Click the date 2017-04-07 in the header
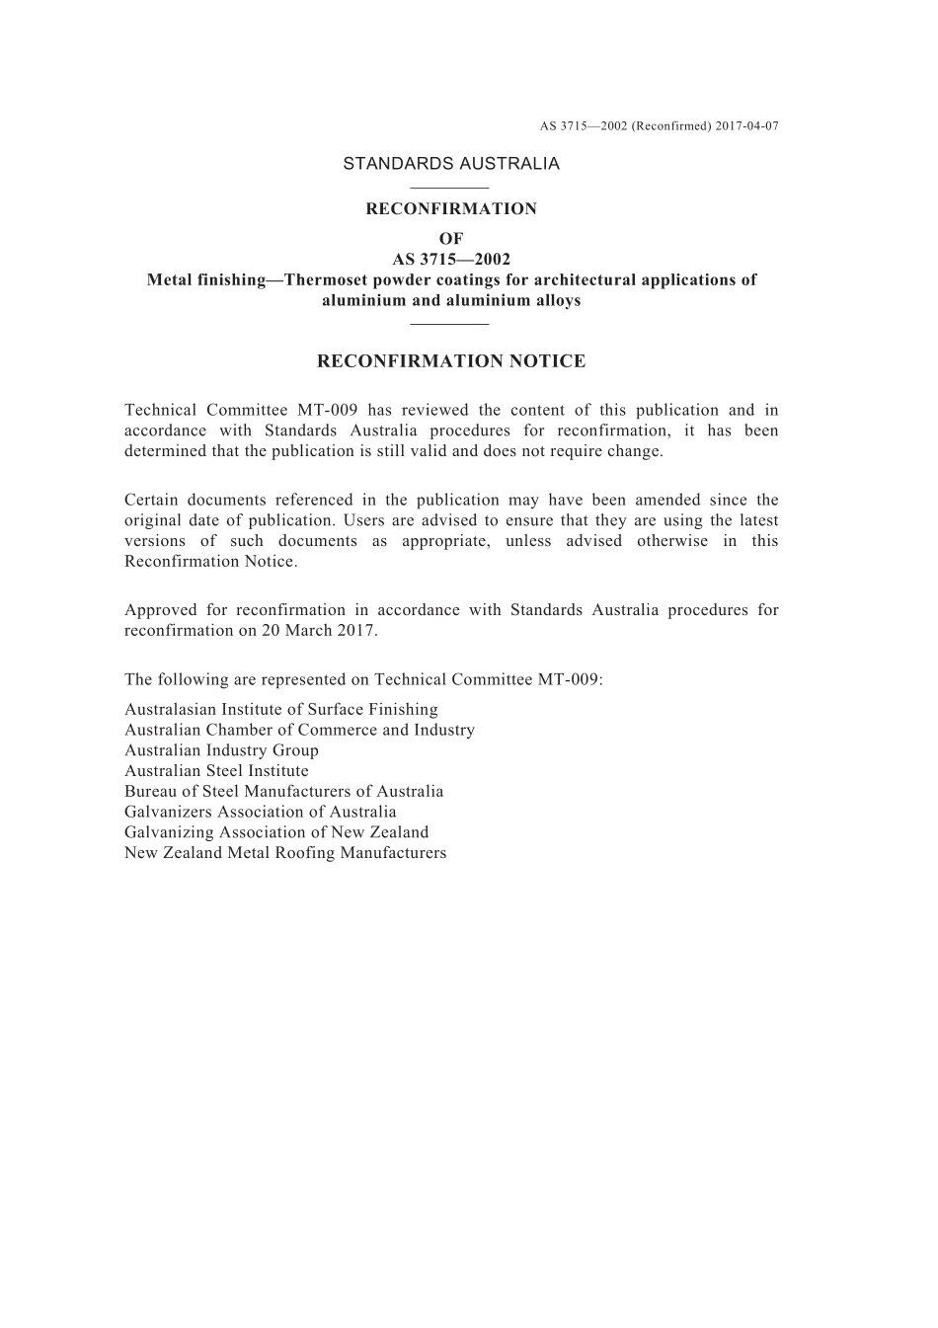tap(747, 126)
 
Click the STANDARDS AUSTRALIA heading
tap(451, 164)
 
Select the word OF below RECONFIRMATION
tap(451, 239)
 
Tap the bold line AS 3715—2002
tap(451, 260)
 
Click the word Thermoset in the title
tap(331, 280)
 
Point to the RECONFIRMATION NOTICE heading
tap(451, 361)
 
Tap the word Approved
tap(158, 610)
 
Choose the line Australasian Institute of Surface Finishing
tap(281, 710)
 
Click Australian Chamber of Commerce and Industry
tap(299, 731)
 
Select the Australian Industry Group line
tap(221, 751)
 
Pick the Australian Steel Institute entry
tap(216, 771)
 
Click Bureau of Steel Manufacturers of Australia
tap(283, 792)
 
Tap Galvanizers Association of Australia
tap(260, 813)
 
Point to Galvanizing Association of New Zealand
tap(276, 832)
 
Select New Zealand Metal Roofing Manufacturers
tap(285, 853)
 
